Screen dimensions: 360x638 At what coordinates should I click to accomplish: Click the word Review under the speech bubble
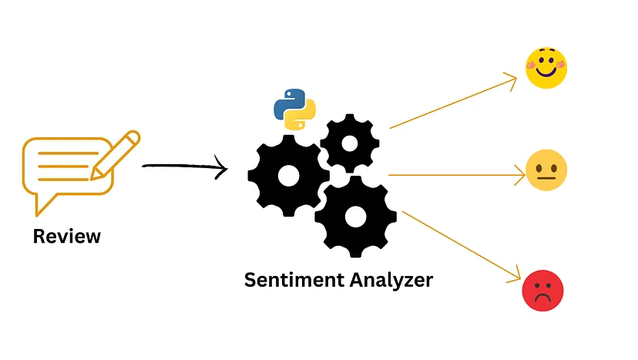point(66,236)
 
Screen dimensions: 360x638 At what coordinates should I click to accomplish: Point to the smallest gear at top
point(349,143)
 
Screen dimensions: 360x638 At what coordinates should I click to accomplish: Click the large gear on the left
point(288,176)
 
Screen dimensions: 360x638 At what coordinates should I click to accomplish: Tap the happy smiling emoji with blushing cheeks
point(546,68)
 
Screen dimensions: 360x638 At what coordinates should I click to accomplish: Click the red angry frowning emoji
point(542,291)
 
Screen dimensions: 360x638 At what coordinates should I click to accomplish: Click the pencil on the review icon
point(116,154)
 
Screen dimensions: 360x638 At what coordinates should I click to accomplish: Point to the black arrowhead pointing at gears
point(223,168)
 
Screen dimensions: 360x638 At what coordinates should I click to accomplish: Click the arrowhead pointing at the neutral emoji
point(519,175)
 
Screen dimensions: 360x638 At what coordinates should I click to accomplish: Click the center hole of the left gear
point(288,176)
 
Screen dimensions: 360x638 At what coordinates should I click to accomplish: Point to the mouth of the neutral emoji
point(546,179)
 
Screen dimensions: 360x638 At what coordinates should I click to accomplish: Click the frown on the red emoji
point(542,298)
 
